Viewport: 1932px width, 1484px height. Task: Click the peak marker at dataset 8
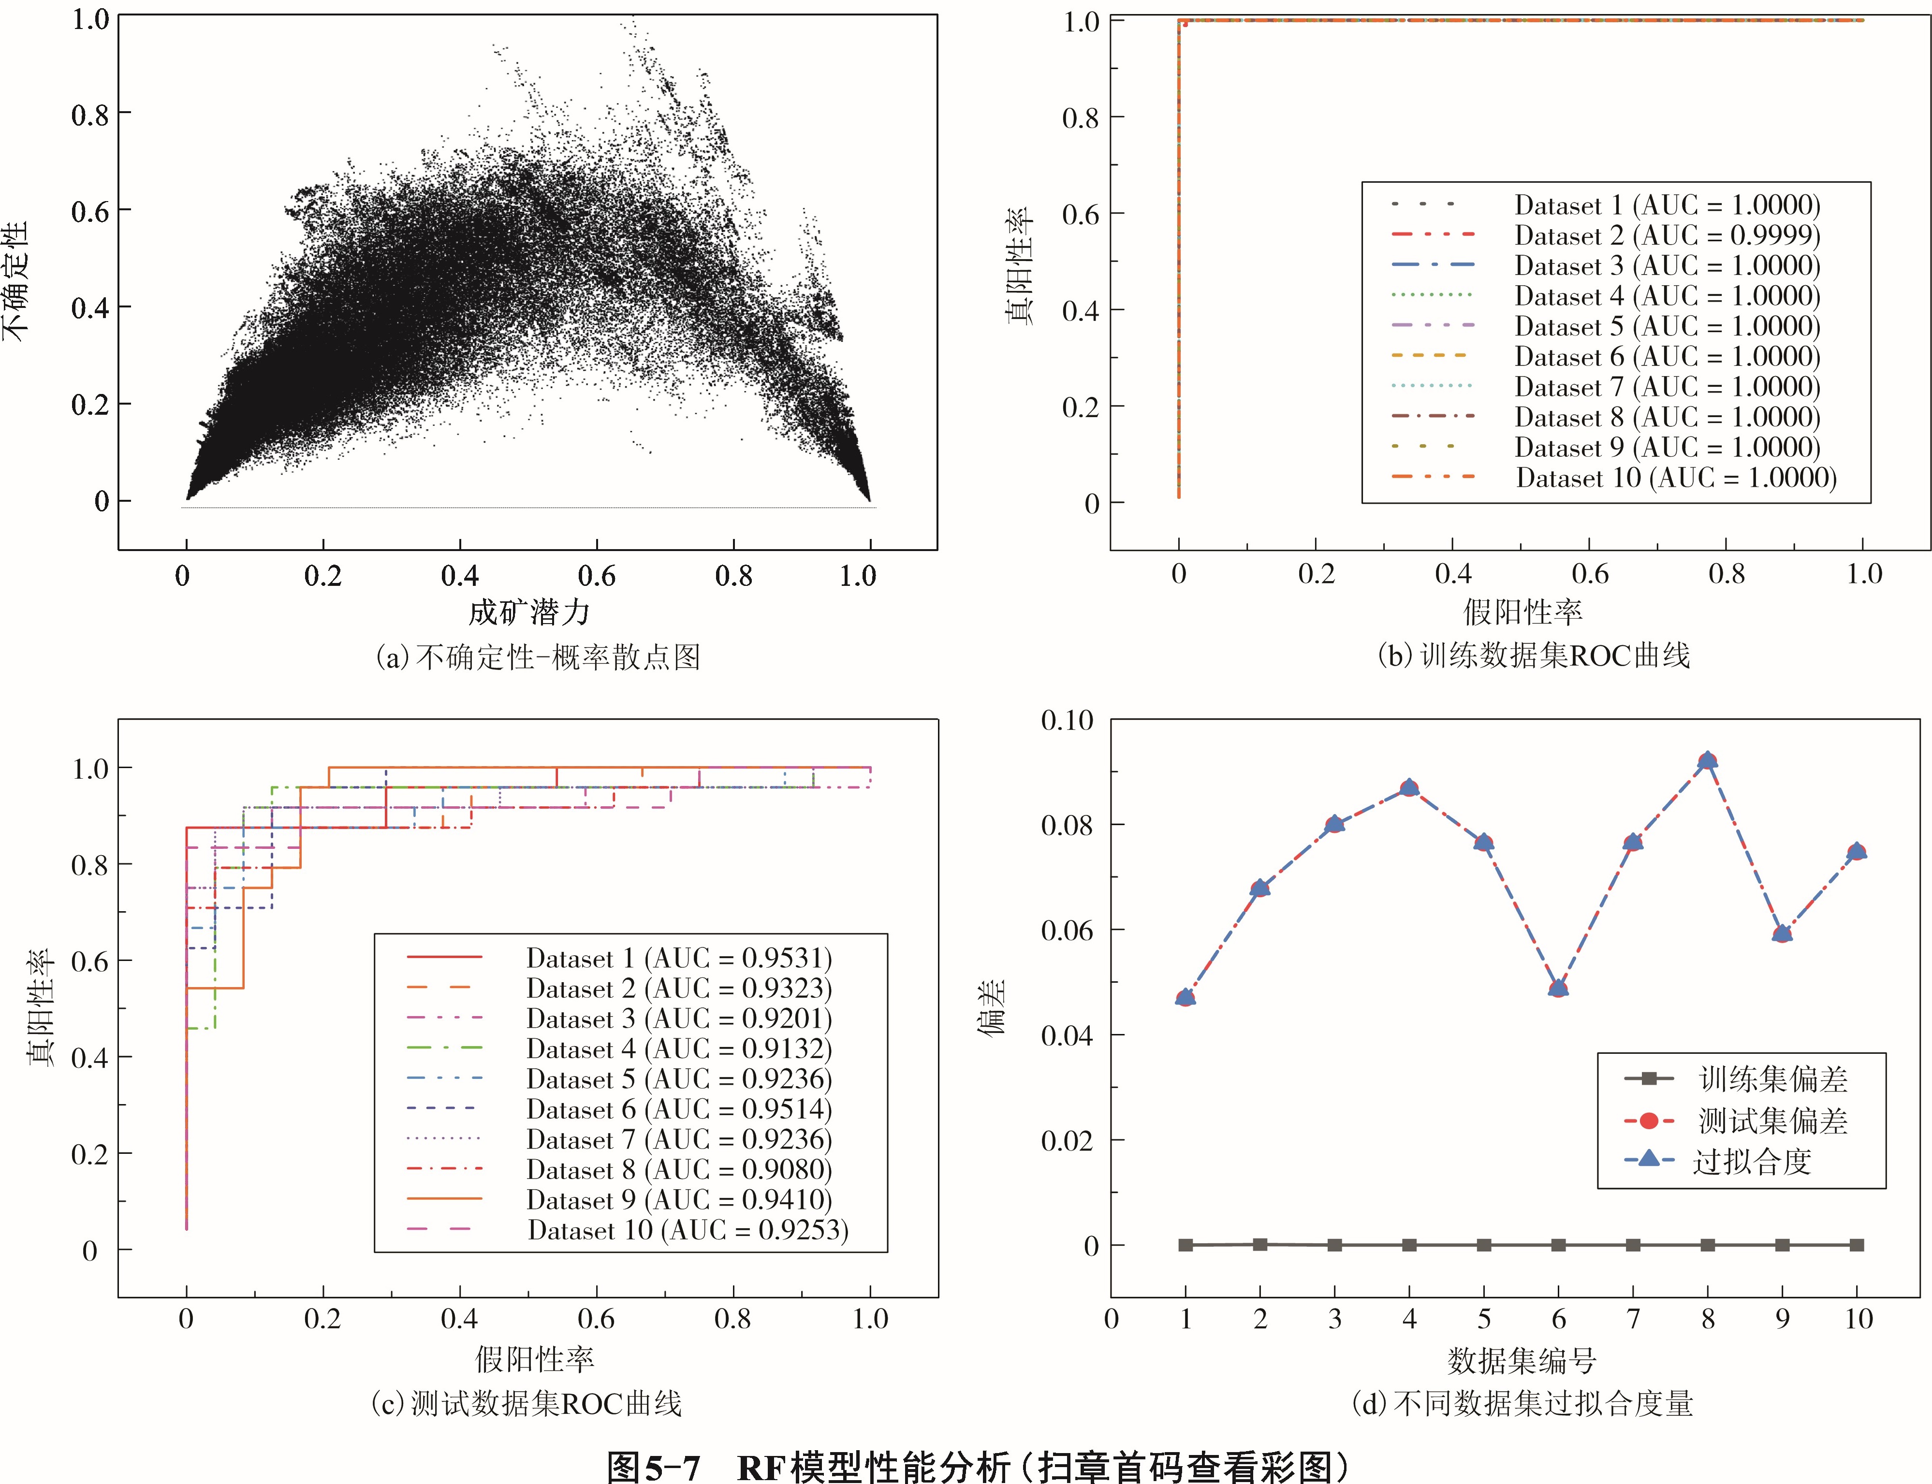[1708, 760]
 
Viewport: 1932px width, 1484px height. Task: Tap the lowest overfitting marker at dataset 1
[1186, 997]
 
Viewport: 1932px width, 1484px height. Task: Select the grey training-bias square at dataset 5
[1484, 1245]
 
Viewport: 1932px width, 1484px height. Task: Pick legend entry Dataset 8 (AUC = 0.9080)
[678, 1169]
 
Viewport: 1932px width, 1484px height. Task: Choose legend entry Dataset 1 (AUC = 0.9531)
[678, 959]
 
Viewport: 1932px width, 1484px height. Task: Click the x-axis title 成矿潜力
[528, 612]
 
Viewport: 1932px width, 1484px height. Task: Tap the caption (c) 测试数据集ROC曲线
[527, 1403]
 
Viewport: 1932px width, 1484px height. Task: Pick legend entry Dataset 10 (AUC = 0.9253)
[688, 1230]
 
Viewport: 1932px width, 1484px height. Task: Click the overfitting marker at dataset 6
[1558, 988]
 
